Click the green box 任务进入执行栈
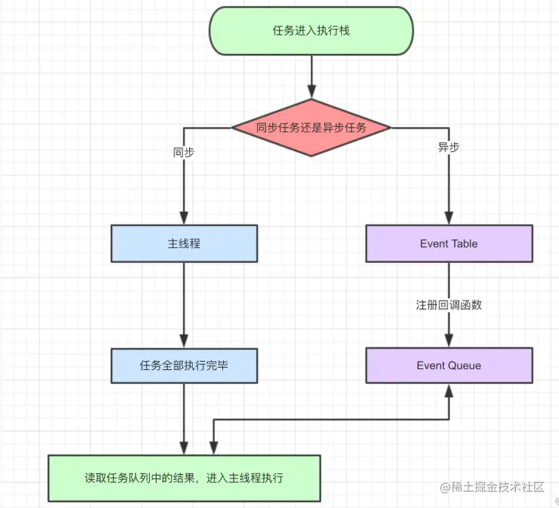coord(311,31)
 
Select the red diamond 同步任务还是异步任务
coord(311,128)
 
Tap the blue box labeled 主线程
coord(184,244)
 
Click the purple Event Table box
coord(448,244)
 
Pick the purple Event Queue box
coord(448,365)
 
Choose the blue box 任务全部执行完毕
coord(184,365)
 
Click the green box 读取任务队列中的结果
coord(184,478)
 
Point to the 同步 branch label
coord(184,153)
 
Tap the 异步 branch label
coord(448,148)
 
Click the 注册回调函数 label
coord(448,305)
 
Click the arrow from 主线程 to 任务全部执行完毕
coord(184,304)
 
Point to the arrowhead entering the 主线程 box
coord(184,219)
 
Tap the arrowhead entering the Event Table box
coord(448,219)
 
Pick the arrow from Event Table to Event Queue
coord(448,325)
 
